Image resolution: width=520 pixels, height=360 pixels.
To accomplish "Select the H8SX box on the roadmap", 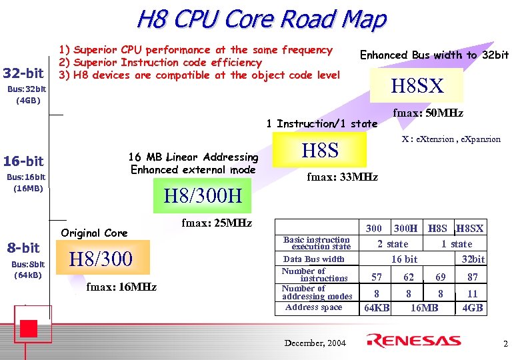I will (x=416, y=86).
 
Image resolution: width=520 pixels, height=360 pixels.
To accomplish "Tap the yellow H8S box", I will (x=320, y=149).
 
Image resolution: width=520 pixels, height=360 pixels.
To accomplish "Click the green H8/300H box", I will (x=207, y=197).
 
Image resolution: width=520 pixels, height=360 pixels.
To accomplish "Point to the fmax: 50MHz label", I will (x=428, y=113).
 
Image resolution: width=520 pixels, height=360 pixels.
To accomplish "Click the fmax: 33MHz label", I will (x=342, y=177).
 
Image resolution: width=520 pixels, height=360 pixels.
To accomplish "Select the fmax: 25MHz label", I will (x=217, y=223).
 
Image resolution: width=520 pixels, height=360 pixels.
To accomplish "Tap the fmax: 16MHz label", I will (x=121, y=287).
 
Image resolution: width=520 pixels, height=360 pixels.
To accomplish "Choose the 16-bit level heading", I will (x=23, y=161).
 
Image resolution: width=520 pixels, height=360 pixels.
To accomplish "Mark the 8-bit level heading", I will (x=23, y=248).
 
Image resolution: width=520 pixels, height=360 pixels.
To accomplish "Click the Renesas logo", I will (x=414, y=341).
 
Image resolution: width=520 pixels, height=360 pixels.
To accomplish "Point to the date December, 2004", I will (x=315, y=343).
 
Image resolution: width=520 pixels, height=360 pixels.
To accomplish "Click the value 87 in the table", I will (x=473, y=277).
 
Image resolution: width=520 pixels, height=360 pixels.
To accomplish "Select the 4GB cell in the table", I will (x=473, y=308).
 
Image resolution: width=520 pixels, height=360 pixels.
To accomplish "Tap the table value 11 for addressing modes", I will (x=473, y=293).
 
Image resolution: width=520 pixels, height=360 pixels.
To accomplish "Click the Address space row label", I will (x=313, y=307).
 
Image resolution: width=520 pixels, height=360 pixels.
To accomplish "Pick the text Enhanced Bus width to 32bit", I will (x=434, y=55).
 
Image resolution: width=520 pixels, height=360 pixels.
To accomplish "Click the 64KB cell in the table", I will (x=377, y=308).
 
